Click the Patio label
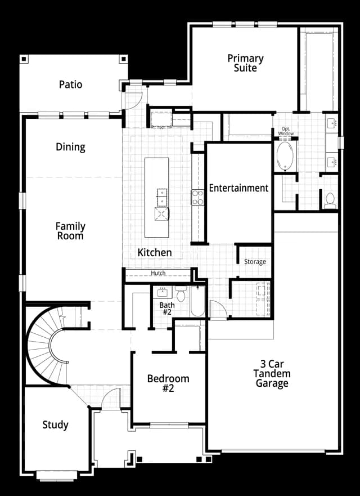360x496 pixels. [x=71, y=84]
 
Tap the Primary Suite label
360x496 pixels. [x=245, y=63]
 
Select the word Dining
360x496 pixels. [x=70, y=147]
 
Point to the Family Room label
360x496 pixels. [x=70, y=231]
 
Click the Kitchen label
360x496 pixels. [x=155, y=252]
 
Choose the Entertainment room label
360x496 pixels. [x=238, y=188]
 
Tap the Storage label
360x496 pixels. [x=255, y=262]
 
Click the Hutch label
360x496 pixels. [x=158, y=272]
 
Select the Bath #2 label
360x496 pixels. [x=166, y=309]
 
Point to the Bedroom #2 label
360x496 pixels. [x=168, y=383]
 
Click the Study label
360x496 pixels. [x=55, y=425]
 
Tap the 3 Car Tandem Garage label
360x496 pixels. [x=272, y=373]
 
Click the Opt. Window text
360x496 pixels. [x=286, y=131]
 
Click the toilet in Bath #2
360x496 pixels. [x=181, y=294]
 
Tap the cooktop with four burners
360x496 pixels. [x=197, y=198]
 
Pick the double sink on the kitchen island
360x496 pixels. [x=162, y=197]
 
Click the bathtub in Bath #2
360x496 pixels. [x=197, y=301]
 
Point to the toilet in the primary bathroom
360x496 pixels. [x=330, y=200]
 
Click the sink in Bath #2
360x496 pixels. [x=163, y=293]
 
